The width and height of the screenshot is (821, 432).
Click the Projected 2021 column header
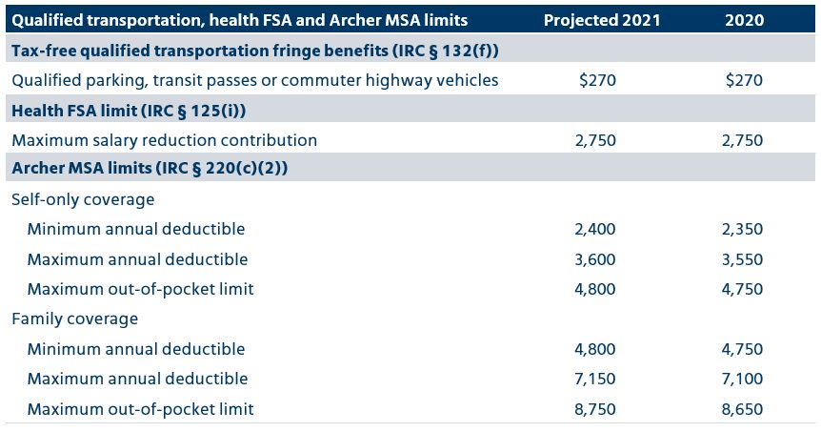click(603, 20)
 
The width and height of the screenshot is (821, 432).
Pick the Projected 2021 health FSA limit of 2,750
click(596, 140)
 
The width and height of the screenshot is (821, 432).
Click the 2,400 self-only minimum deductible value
click(596, 229)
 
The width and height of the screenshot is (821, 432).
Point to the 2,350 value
click(743, 229)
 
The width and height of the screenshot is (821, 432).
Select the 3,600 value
click(596, 259)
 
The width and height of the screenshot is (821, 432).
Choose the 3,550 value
click(743, 259)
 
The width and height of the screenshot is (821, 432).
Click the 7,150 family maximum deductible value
click(596, 379)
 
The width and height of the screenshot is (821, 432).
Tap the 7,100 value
click(743, 379)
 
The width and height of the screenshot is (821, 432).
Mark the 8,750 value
click(596, 409)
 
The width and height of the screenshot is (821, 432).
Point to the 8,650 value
click(743, 409)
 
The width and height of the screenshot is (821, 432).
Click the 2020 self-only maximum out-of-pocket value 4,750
click(743, 289)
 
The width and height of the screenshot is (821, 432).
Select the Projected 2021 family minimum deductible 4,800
click(596, 349)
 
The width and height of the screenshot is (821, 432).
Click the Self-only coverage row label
click(83, 199)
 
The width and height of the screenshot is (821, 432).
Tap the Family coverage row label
click(75, 319)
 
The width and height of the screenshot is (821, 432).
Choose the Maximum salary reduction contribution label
click(164, 140)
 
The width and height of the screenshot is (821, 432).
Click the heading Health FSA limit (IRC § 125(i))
click(129, 111)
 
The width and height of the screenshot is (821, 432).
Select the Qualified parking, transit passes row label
click(254, 80)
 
